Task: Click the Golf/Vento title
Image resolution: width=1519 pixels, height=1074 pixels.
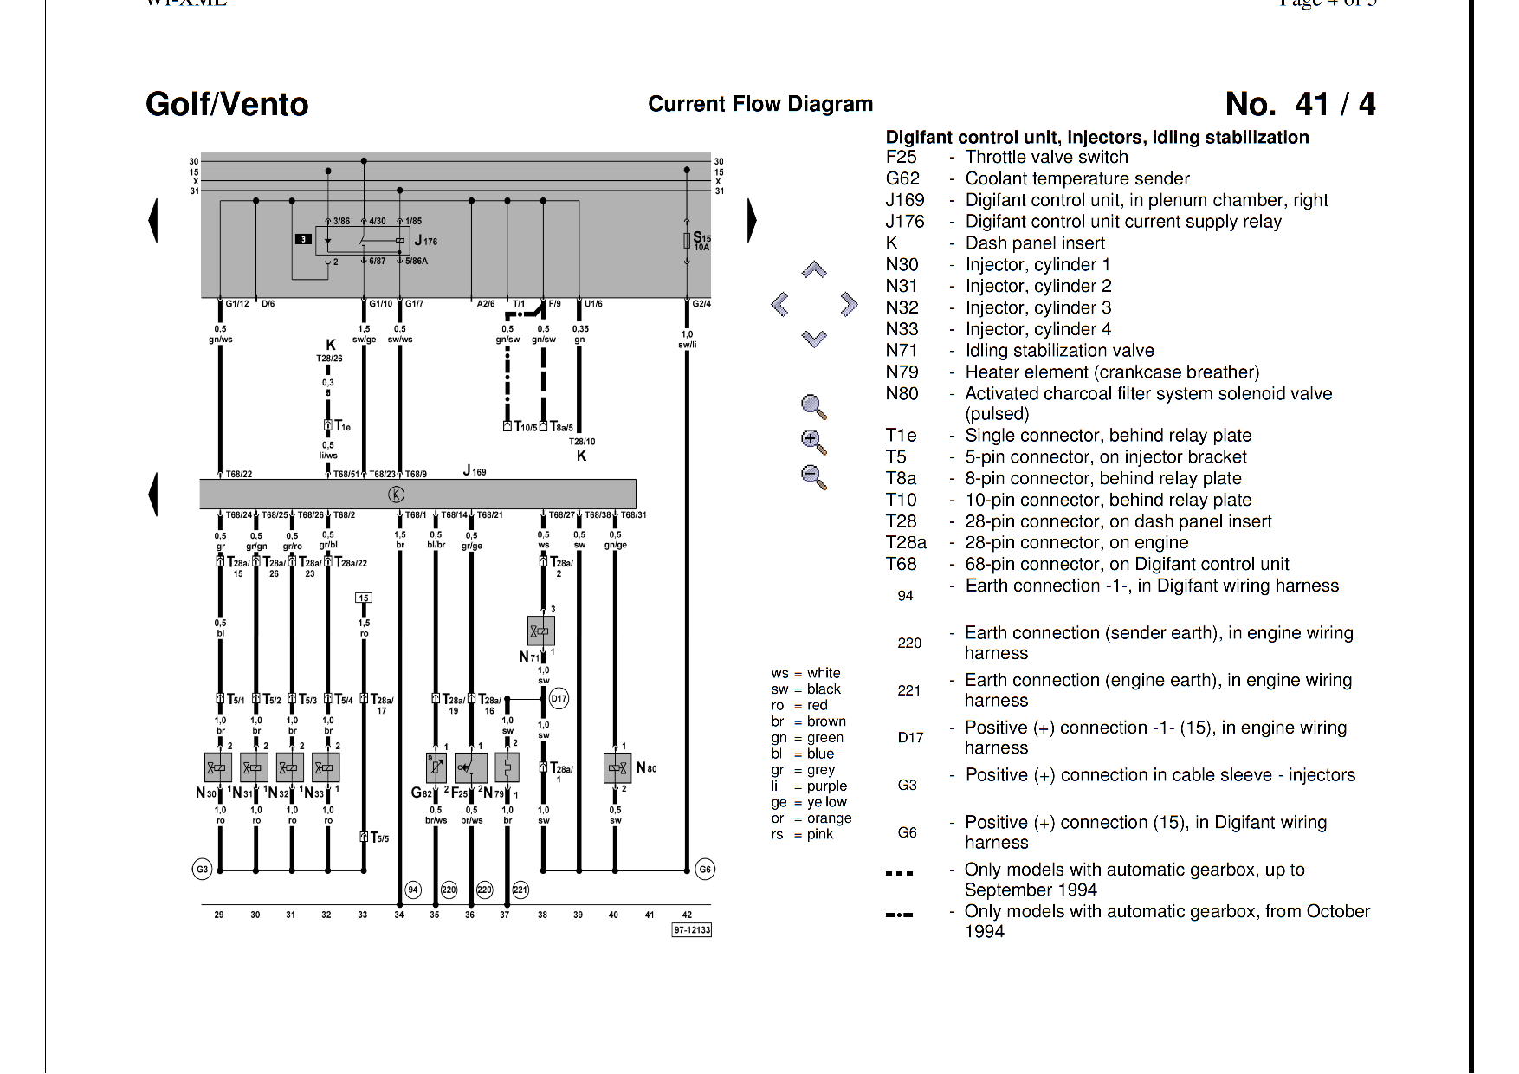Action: [227, 104]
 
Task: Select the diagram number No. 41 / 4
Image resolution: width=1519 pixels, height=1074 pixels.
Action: [1299, 104]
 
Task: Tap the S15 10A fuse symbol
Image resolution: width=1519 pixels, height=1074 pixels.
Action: [687, 240]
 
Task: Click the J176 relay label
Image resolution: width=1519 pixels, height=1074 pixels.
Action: [426, 241]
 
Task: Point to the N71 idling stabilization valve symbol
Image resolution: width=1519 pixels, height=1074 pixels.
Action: [540, 631]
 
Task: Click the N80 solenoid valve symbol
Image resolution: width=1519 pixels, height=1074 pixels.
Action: [617, 768]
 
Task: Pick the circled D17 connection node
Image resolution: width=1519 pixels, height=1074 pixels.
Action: [559, 699]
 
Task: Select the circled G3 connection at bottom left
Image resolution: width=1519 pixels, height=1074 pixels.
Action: [202, 869]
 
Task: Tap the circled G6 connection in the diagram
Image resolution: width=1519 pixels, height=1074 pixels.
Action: [705, 869]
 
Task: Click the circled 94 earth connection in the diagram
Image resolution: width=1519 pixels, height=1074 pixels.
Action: [413, 890]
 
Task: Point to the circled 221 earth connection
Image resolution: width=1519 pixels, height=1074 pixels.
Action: [520, 890]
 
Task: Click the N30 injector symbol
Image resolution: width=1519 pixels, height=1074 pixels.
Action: [217, 767]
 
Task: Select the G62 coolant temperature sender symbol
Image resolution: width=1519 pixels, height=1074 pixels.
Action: [436, 767]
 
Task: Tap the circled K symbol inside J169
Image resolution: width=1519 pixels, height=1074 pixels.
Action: [396, 495]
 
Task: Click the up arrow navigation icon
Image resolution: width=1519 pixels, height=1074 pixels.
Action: [814, 269]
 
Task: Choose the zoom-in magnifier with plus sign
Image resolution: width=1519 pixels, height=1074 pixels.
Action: [813, 441]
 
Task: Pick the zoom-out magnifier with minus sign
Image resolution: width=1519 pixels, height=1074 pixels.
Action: [813, 476]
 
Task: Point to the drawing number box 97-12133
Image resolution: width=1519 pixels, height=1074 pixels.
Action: [691, 930]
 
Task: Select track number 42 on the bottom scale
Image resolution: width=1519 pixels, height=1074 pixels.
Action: [687, 915]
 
